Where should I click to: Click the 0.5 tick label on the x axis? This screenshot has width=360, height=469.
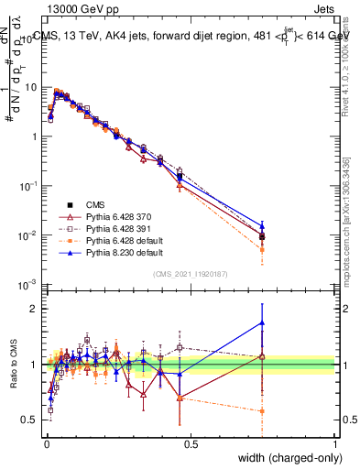point(191,444)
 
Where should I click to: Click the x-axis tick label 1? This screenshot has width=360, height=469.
point(335,444)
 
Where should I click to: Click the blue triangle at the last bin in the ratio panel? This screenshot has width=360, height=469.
point(263,322)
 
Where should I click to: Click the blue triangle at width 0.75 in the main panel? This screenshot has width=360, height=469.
point(263,225)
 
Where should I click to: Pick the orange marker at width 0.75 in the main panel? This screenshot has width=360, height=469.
point(263,249)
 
